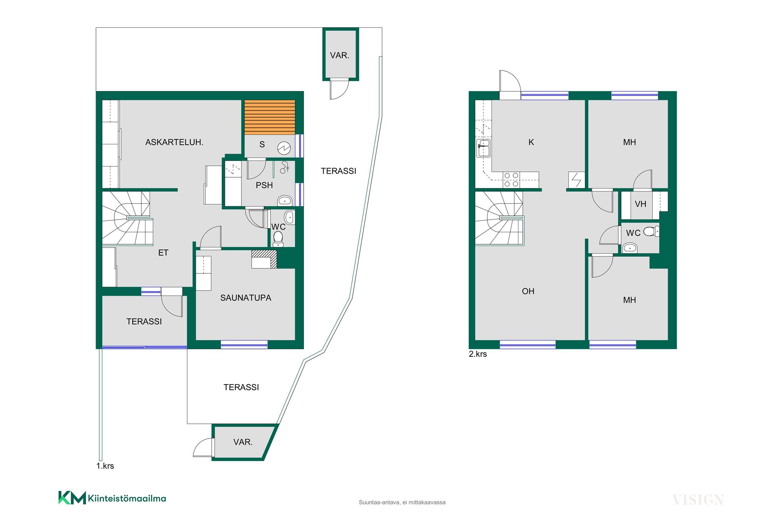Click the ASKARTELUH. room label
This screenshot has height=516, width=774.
click(174, 142)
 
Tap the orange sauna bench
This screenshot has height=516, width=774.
click(270, 117)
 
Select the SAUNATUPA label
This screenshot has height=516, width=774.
click(246, 298)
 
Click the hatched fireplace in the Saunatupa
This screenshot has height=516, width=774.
click(264, 259)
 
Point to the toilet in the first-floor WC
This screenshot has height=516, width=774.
click(278, 239)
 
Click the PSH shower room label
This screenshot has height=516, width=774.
click(264, 185)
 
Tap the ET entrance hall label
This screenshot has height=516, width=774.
click(163, 253)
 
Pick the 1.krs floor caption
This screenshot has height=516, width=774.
click(105, 466)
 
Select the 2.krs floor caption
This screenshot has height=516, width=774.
click(478, 354)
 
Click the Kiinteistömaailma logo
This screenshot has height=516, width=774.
click(112, 498)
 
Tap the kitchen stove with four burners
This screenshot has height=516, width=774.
click(511, 180)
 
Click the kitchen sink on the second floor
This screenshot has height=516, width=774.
click(483, 148)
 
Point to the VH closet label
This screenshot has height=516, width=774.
click(640, 204)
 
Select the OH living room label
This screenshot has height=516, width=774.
click(528, 291)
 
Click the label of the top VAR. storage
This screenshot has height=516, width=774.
click(339, 56)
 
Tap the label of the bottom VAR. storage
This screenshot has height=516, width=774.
click(243, 442)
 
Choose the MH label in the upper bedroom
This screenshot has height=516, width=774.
click(629, 142)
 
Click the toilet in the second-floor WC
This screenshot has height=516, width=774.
click(651, 231)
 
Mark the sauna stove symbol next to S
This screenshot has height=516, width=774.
click(284, 148)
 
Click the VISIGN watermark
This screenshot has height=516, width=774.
click(698, 500)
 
